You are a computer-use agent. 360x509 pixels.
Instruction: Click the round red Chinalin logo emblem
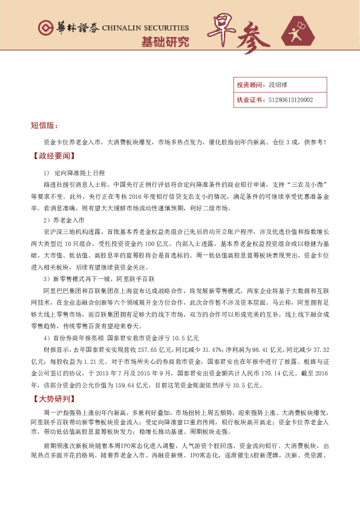[44, 27]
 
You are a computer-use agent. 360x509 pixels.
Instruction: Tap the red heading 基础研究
[165, 42]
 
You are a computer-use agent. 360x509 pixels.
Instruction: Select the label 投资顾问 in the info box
[248, 86]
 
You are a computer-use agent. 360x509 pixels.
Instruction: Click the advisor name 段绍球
[277, 86]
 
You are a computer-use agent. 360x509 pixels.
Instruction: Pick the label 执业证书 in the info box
[248, 100]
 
